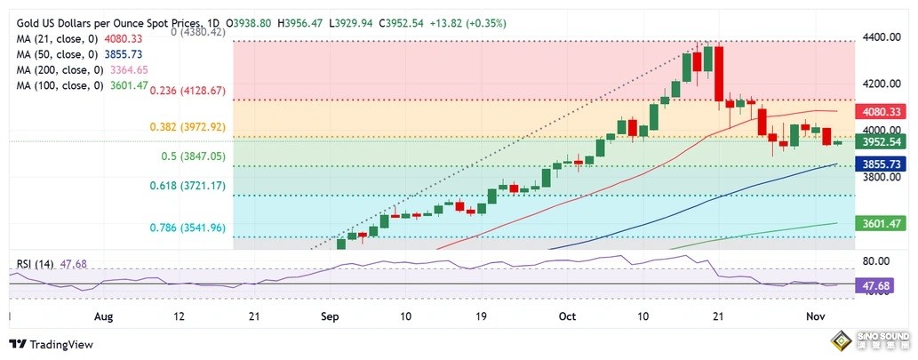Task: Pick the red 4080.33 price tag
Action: [x=884, y=112]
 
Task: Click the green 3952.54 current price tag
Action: [x=884, y=141]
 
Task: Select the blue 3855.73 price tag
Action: [x=884, y=164]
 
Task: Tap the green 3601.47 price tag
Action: [x=884, y=223]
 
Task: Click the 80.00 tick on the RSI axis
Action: [x=876, y=261]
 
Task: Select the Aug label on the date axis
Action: [x=104, y=316]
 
